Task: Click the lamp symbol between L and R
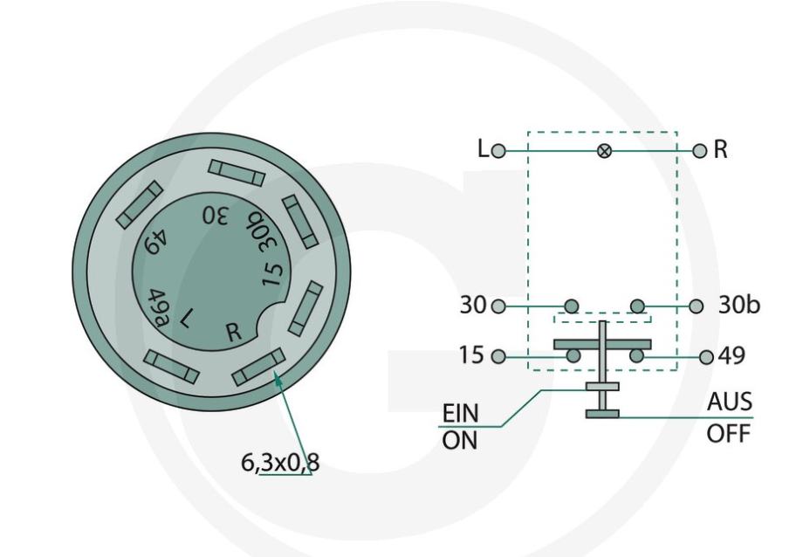tap(604, 151)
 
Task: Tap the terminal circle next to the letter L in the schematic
tap(498, 151)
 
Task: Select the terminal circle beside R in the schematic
tap(699, 151)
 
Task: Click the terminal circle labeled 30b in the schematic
tap(696, 306)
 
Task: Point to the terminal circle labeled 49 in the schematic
tap(706, 357)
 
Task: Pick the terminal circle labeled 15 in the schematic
tap(498, 356)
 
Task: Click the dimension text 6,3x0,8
tap(280, 463)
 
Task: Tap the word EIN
tap(460, 413)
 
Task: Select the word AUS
tap(730, 402)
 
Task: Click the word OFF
tap(728, 435)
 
